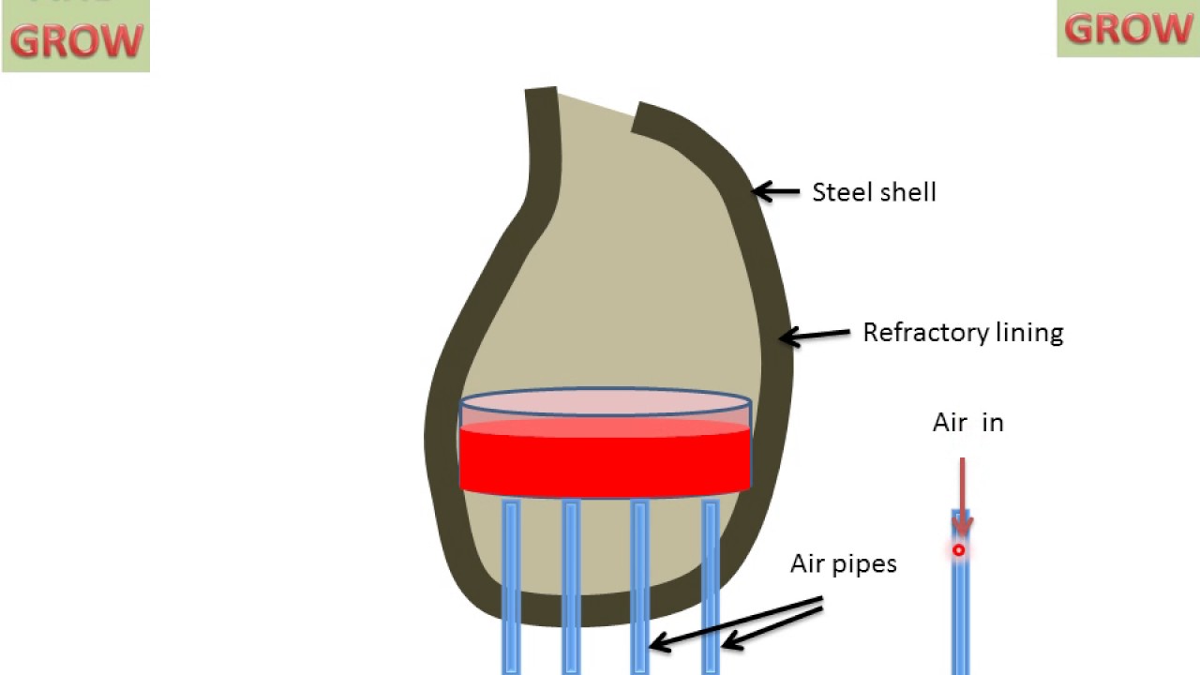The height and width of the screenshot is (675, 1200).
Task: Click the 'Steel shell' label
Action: pyautogui.click(x=874, y=192)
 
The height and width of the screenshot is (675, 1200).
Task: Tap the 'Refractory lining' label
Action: pyautogui.click(x=963, y=333)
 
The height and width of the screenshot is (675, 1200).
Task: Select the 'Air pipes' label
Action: pyautogui.click(x=843, y=563)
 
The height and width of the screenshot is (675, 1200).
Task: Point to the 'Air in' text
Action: pyautogui.click(x=967, y=423)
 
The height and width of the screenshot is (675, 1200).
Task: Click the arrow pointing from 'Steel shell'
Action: pyautogui.click(x=776, y=192)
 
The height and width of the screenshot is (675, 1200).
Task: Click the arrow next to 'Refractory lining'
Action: pyautogui.click(x=814, y=334)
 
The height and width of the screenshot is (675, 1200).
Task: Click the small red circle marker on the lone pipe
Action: pyautogui.click(x=958, y=550)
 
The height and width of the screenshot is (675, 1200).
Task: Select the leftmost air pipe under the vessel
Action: pyautogui.click(x=511, y=586)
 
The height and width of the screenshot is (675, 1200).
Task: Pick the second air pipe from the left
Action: pyautogui.click(x=571, y=586)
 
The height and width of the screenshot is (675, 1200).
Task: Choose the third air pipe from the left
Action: pyautogui.click(x=639, y=586)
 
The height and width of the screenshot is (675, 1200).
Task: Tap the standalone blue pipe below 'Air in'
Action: pyautogui.click(x=960, y=609)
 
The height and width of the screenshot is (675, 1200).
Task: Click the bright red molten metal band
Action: pyautogui.click(x=605, y=459)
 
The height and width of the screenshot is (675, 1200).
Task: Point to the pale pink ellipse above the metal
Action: pyautogui.click(x=605, y=404)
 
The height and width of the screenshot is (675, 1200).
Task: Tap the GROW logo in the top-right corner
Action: pyautogui.click(x=1128, y=28)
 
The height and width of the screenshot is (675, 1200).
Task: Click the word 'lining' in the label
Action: pyautogui.click(x=1031, y=333)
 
